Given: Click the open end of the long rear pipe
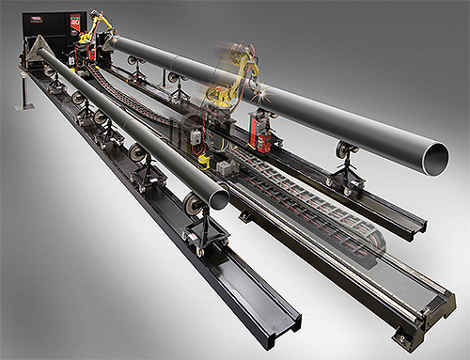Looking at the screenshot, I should pos(433,158).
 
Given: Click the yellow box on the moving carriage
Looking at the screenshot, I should pos(204,160).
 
